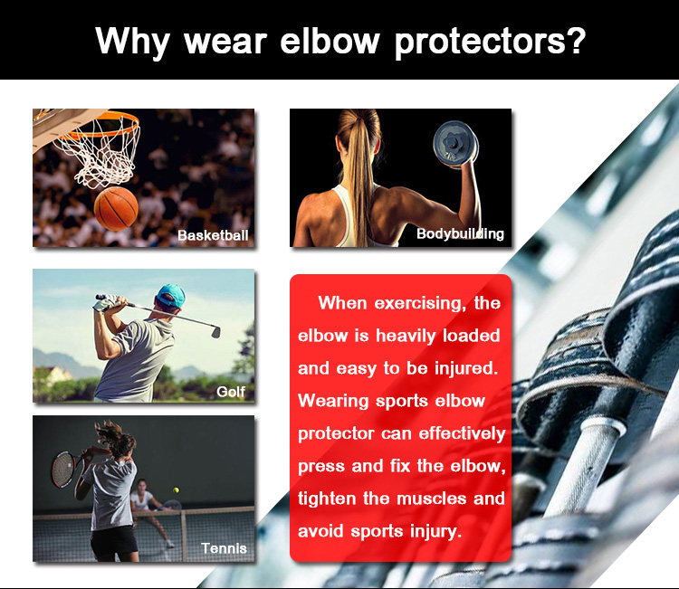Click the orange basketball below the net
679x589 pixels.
(x=116, y=208)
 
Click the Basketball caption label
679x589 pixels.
(x=213, y=235)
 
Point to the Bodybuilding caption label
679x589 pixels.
(x=460, y=233)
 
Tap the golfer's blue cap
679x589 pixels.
(x=171, y=295)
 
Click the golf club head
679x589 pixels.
(x=215, y=330)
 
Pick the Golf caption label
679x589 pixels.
(x=230, y=392)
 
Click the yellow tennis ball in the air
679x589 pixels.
(x=177, y=490)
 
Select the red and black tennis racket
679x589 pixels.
(x=65, y=469)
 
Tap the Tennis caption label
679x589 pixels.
(x=224, y=548)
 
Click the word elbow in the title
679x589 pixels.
(x=330, y=41)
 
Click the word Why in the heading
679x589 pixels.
(x=132, y=42)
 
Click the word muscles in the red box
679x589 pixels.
(x=431, y=499)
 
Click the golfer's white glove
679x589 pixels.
(x=105, y=302)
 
